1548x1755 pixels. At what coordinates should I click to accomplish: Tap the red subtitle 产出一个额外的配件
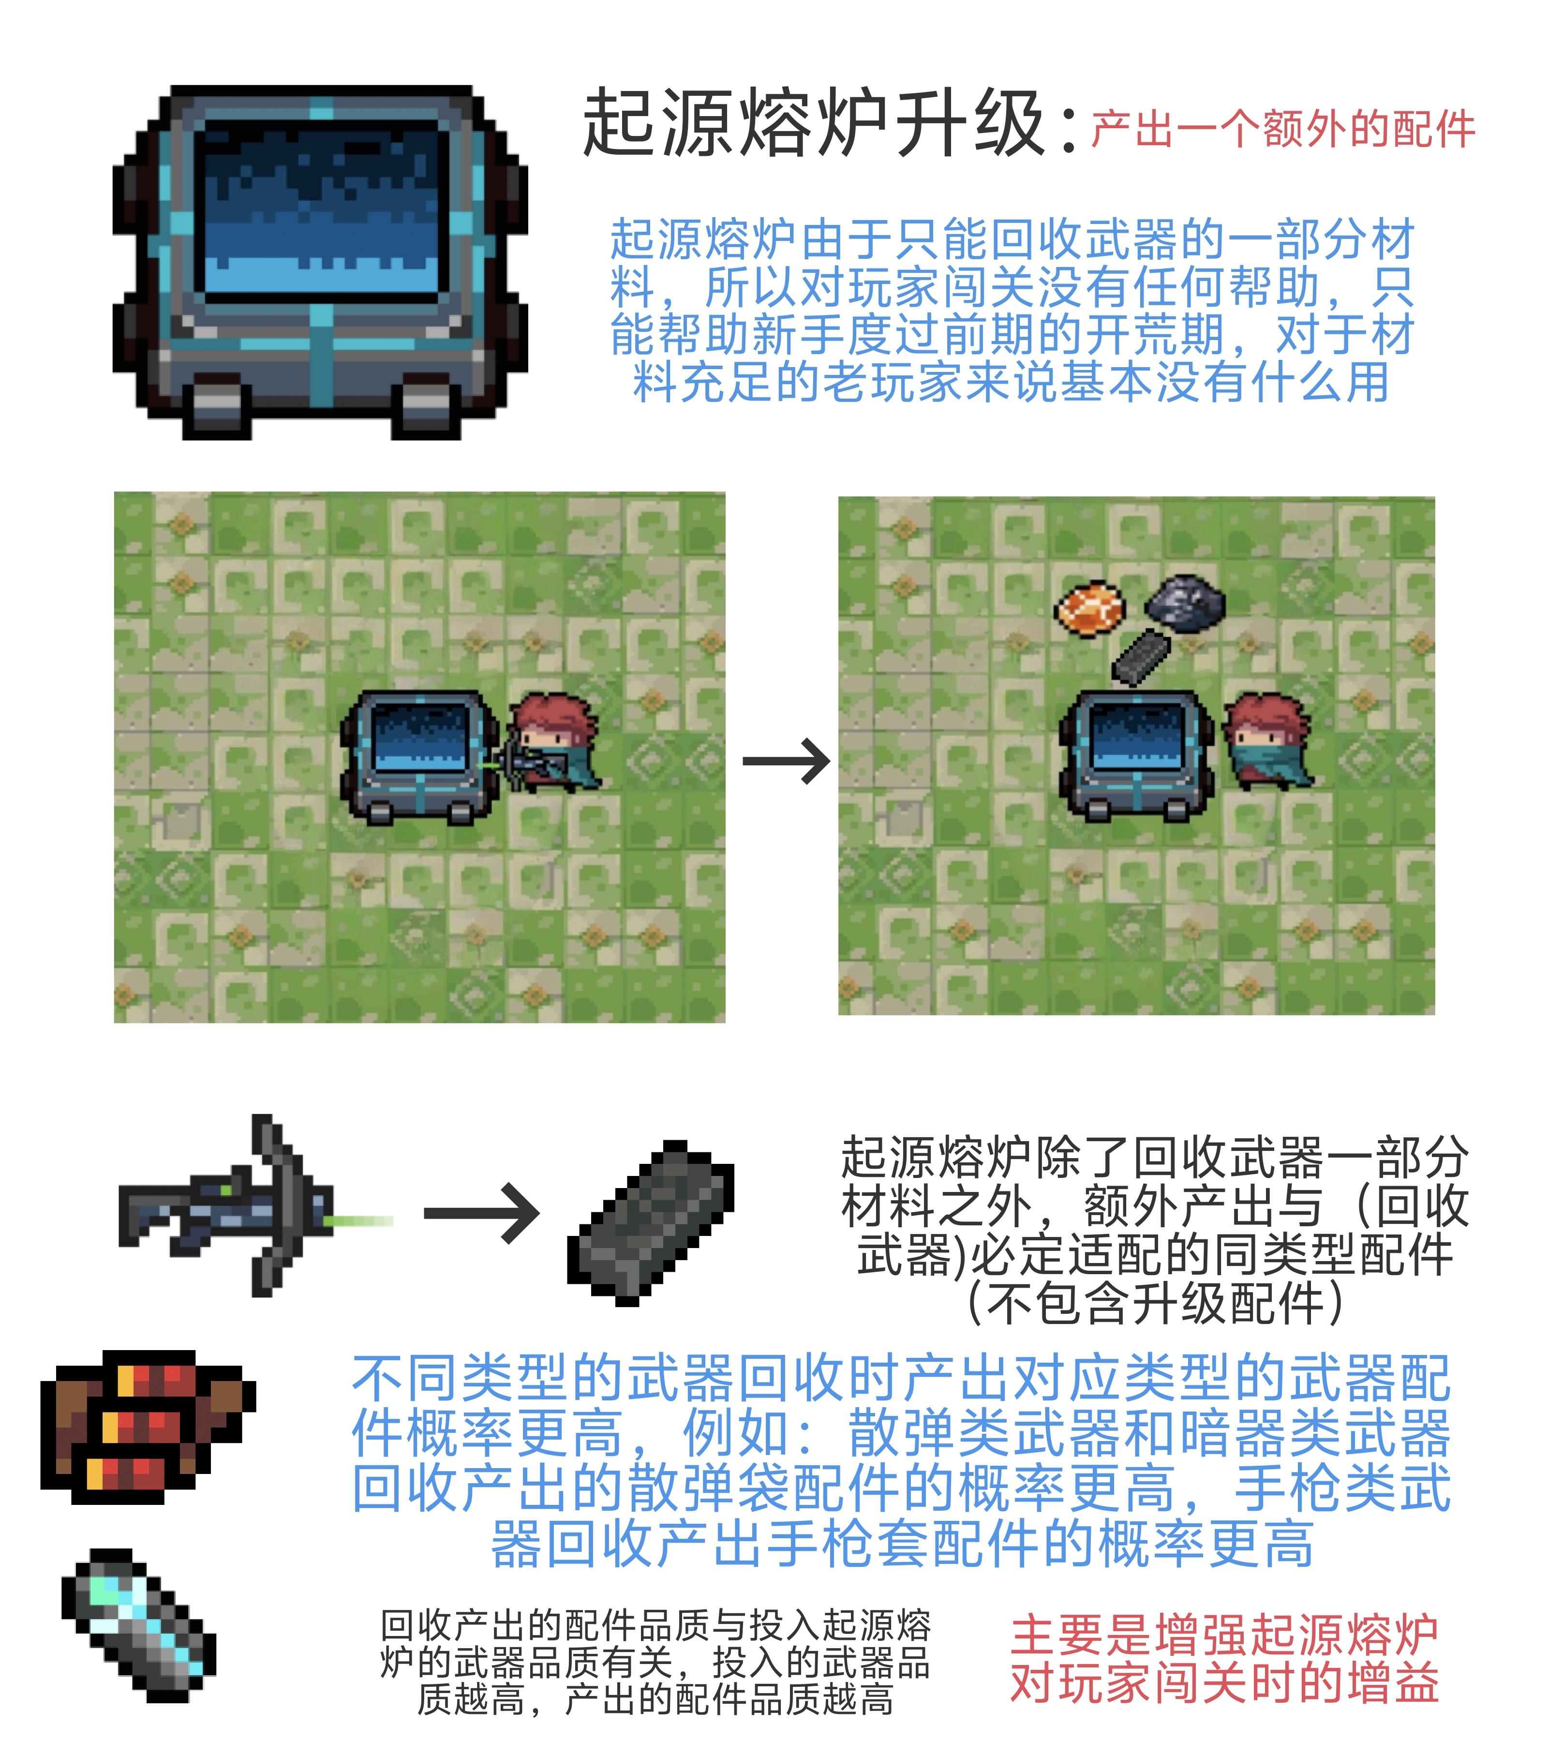tap(1283, 130)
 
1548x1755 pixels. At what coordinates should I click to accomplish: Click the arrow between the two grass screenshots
tap(786, 761)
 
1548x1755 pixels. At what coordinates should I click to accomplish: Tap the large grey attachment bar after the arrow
tap(651, 1223)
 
